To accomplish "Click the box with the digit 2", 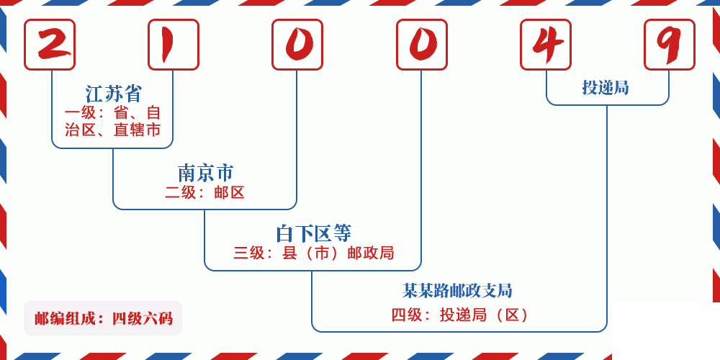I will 50,45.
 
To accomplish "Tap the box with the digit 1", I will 174,45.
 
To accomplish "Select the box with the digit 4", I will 546,45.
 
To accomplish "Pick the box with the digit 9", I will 670,45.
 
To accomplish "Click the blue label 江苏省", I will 114,94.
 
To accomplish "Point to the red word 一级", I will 79,113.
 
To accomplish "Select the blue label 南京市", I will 205,173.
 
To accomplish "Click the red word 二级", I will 180,192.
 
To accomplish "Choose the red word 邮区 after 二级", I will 230,192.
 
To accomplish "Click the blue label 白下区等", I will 313,233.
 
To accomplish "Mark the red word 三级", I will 248,253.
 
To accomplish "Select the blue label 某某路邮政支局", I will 457,291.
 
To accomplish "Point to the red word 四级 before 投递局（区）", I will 406,315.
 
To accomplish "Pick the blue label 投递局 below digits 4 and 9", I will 606,88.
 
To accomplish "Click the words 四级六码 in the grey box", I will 142,318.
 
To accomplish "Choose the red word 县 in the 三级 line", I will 289,253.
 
